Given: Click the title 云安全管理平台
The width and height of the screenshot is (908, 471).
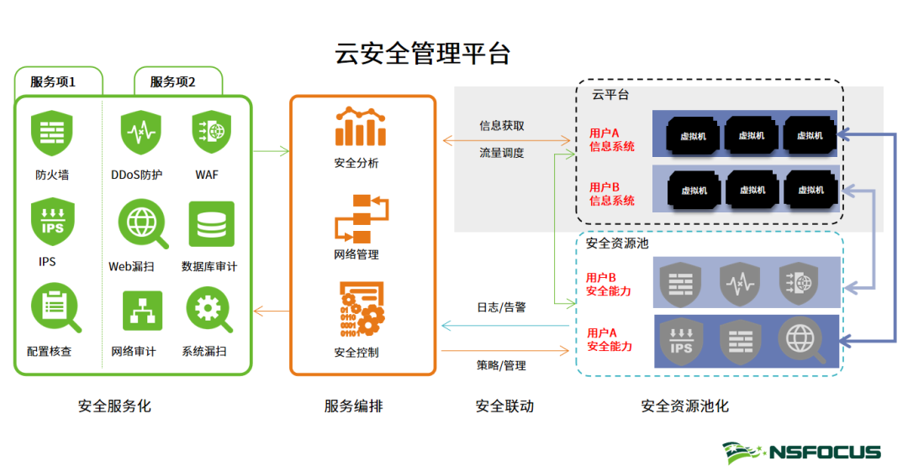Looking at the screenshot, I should [423, 54].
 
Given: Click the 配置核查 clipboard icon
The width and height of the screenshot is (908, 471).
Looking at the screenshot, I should [54, 308].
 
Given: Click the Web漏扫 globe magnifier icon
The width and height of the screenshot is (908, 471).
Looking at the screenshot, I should [140, 225].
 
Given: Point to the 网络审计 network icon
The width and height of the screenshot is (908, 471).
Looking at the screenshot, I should [141, 311].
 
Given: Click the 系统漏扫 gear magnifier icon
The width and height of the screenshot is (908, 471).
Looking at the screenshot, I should [209, 311].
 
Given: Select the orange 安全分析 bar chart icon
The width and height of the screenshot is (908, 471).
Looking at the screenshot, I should [361, 127].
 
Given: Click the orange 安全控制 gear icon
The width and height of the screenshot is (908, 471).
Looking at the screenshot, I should [362, 308].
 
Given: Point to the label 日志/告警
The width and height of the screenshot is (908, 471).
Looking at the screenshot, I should [501, 306].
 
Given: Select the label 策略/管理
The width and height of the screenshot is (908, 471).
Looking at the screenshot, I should [501, 365].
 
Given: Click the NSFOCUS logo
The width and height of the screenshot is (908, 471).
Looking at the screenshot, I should [801, 453].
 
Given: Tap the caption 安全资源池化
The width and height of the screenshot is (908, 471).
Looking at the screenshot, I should [684, 406].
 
